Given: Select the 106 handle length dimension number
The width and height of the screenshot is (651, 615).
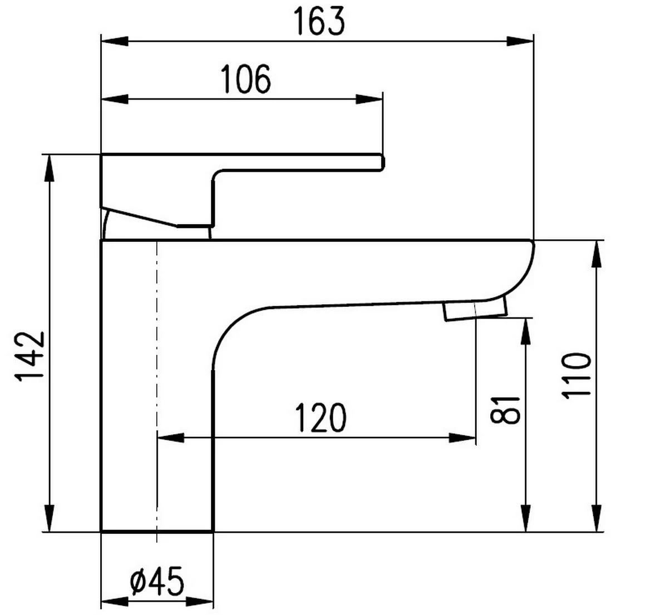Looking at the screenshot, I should [x=246, y=79].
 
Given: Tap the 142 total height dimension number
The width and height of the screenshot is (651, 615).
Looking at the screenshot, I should [x=29, y=356].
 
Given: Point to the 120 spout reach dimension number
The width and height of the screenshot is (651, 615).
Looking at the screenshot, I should [x=320, y=418].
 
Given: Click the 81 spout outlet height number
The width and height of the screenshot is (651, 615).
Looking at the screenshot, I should [x=505, y=410].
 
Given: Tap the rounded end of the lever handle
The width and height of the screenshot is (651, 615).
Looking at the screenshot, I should [x=381, y=161].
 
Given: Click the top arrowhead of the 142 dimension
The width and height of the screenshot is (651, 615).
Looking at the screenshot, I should [x=50, y=167].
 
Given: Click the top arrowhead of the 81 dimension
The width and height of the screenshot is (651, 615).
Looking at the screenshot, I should [x=525, y=331].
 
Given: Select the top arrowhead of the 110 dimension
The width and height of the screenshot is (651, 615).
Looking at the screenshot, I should [x=596, y=254].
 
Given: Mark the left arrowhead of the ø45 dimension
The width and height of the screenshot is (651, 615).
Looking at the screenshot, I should [x=115, y=602].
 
